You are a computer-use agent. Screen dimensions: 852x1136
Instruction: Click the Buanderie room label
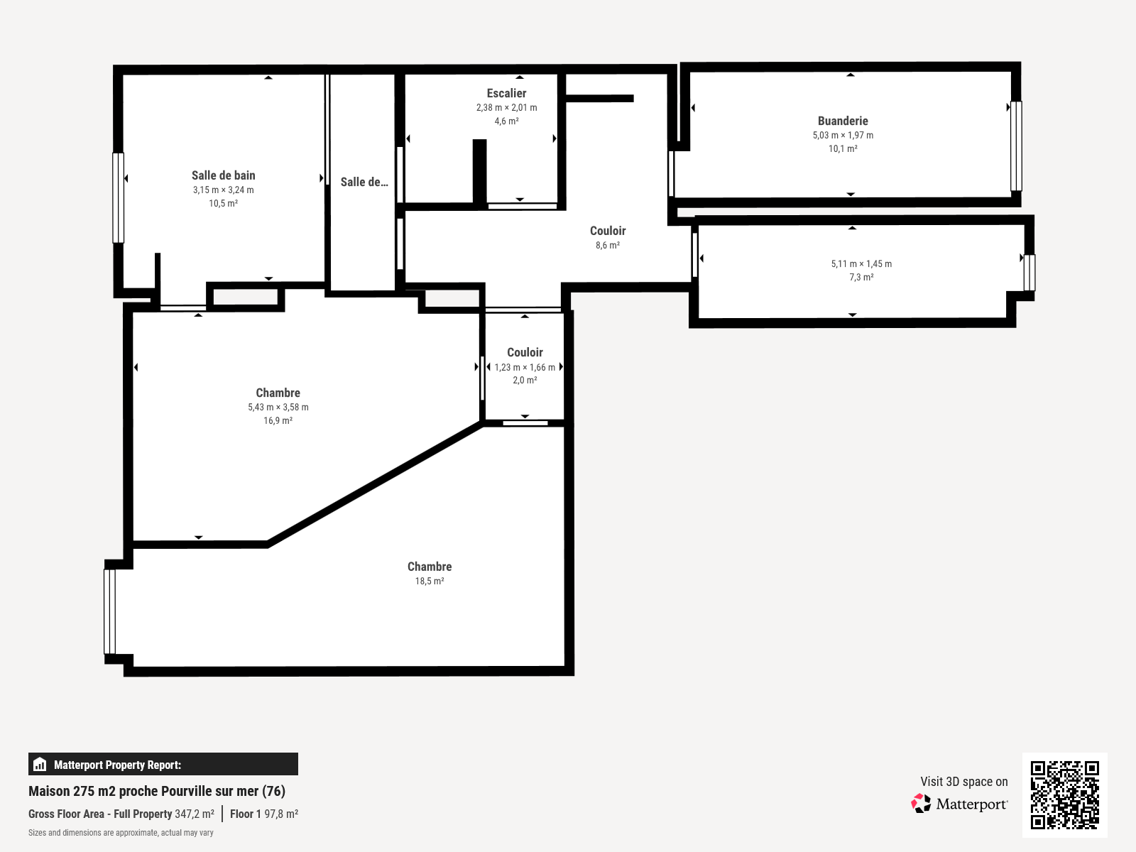tap(843, 121)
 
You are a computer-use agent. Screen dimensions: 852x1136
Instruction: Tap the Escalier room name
tap(506, 93)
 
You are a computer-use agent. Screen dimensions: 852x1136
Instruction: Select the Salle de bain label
tap(223, 175)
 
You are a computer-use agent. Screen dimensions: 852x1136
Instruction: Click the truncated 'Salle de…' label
tap(364, 182)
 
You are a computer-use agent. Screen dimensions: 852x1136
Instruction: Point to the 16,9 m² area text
tap(278, 420)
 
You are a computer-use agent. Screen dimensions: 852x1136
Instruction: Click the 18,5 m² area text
tap(429, 581)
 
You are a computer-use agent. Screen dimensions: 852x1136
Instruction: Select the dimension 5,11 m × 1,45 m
tap(861, 263)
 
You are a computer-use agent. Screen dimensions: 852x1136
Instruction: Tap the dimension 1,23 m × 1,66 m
tap(525, 367)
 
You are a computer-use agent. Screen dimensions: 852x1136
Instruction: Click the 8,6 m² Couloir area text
tap(607, 245)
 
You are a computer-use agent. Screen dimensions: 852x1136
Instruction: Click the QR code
tap(1064, 794)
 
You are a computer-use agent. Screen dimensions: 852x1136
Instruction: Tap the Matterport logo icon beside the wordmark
tap(921, 803)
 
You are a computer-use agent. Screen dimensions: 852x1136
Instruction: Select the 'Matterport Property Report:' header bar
tap(163, 764)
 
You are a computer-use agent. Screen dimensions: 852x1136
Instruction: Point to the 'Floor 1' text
tap(246, 814)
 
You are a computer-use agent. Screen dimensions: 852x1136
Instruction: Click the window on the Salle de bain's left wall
tap(119, 197)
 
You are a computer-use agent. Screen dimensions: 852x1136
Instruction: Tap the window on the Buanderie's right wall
tap(1016, 146)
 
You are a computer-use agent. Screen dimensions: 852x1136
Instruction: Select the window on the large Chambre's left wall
tap(109, 611)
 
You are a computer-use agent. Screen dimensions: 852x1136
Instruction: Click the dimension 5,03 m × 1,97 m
tap(843, 135)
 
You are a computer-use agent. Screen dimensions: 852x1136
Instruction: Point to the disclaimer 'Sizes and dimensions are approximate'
tap(121, 833)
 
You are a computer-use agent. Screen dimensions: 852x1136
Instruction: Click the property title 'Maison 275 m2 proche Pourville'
tap(156, 791)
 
